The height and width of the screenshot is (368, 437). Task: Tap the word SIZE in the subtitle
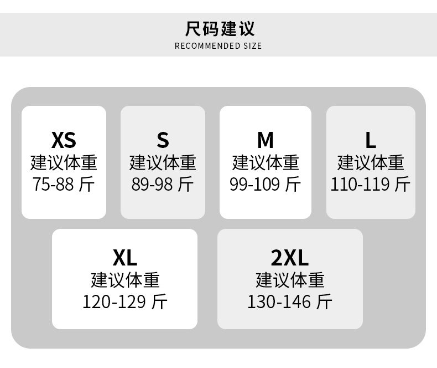pos(252,46)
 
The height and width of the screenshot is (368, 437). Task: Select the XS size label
pos(64,140)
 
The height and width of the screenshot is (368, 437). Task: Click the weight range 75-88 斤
pos(64,184)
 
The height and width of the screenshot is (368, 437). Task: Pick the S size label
pos(163,140)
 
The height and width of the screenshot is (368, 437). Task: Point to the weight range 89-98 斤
pos(163,184)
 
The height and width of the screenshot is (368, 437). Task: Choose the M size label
pos(266,140)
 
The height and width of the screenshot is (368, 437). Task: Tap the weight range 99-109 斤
pos(266,184)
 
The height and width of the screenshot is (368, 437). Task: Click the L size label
pos(371,140)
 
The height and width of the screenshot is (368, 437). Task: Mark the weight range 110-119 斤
pos(371,184)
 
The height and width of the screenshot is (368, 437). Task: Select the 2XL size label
pos(290,258)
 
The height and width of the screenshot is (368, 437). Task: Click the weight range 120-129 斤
pos(125,302)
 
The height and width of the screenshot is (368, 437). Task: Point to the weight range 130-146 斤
pos(290,302)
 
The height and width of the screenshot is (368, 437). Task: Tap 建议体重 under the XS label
pos(64,162)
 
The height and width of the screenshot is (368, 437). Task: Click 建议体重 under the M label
pos(266,162)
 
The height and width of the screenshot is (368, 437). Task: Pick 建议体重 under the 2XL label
pos(290,280)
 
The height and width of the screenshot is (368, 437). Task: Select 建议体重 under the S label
pos(163,162)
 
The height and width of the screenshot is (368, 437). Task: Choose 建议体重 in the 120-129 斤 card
pos(125,280)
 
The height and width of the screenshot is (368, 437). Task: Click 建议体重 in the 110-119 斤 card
pos(371,162)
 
